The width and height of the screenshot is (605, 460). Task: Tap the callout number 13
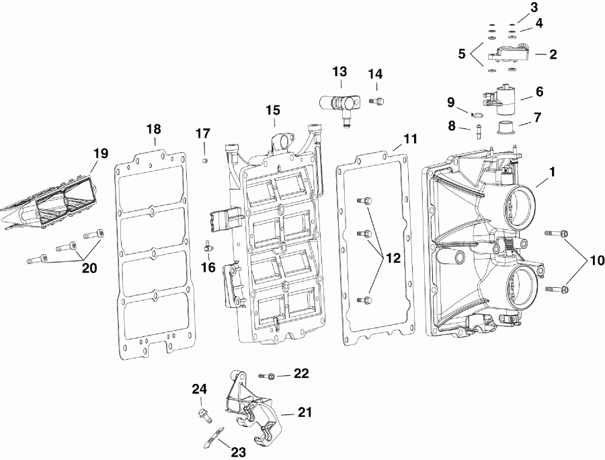tap(339, 72)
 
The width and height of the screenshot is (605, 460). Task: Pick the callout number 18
tap(154, 129)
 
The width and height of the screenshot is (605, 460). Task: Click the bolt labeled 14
tap(376, 101)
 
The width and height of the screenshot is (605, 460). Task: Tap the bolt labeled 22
tap(270, 374)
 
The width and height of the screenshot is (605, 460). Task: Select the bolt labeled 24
tap(202, 412)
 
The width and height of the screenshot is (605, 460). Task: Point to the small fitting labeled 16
tap(209, 247)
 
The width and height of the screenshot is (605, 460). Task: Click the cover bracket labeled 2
tap(512, 56)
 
